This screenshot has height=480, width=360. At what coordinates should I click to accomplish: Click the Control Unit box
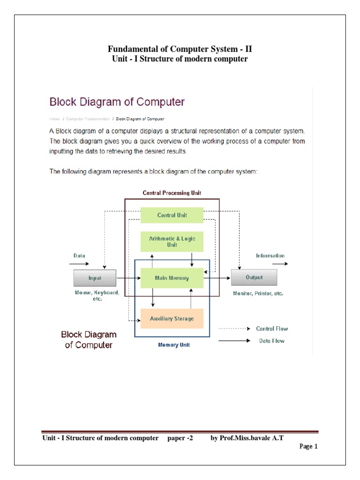172,215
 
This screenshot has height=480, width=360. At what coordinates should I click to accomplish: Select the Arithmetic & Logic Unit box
172,241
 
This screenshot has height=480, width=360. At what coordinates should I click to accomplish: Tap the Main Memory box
172,278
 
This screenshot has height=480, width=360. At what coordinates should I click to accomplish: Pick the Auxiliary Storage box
172,319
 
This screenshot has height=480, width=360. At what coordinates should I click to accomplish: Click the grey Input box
95,278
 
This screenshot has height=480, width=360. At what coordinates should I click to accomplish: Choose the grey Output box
254,277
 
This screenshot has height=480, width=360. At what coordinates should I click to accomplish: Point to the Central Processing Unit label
172,193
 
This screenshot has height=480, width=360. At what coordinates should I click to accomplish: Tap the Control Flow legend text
272,329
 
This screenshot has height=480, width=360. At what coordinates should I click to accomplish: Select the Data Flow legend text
272,341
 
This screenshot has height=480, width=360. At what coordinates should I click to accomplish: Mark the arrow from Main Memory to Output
217,278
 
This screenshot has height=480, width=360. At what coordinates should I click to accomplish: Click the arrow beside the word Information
280,264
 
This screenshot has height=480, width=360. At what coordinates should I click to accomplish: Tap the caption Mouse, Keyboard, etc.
97,296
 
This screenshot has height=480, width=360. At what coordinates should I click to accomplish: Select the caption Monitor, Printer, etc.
258,293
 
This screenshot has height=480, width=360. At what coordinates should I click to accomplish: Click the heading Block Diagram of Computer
117,102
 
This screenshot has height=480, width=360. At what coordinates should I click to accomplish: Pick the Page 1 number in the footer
308,447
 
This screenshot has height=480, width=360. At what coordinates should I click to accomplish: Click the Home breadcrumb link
55,119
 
